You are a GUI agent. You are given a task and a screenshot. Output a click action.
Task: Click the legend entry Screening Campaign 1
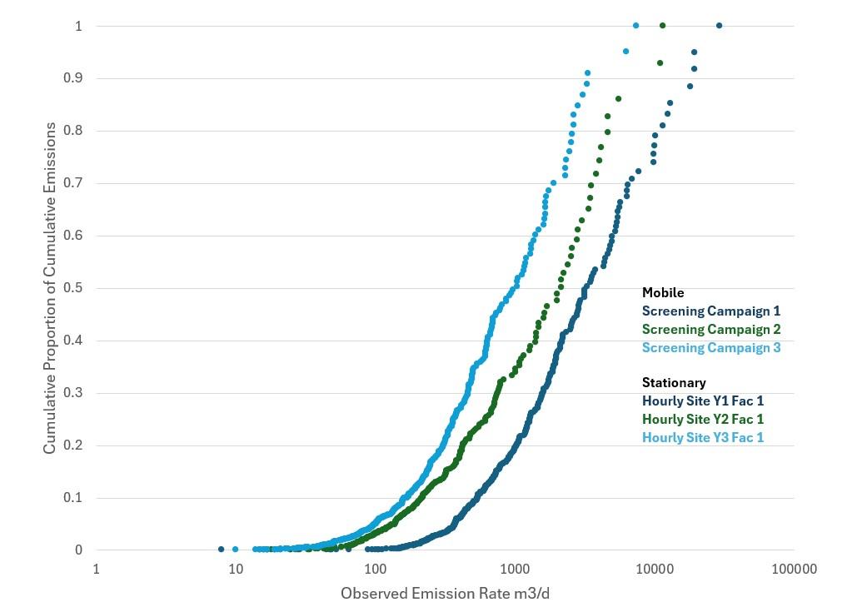pyautogui.click(x=710, y=311)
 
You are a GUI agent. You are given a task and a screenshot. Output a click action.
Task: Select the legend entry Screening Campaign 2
pyautogui.click(x=710, y=330)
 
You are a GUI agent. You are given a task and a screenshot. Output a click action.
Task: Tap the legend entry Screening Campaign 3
pyautogui.click(x=710, y=347)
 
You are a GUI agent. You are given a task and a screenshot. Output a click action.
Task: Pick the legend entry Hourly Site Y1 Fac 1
pyautogui.click(x=702, y=401)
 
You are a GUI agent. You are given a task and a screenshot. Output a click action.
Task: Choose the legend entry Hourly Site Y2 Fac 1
pyautogui.click(x=702, y=419)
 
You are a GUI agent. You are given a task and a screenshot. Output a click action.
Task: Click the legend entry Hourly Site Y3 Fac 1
pyautogui.click(x=702, y=437)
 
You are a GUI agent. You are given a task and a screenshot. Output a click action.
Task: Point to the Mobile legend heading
pyautogui.click(x=663, y=293)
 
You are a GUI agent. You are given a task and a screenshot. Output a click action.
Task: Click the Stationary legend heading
pyautogui.click(x=674, y=383)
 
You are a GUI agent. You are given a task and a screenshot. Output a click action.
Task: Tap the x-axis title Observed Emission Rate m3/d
pyautogui.click(x=445, y=594)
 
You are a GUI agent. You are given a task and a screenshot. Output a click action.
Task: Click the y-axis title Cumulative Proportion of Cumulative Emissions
pyautogui.click(x=50, y=287)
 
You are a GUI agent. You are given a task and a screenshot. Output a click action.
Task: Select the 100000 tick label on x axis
pyautogui.click(x=793, y=570)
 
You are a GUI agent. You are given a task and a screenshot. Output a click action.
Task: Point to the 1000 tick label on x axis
pyautogui.click(x=515, y=570)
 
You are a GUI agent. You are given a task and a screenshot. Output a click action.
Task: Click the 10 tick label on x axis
pyautogui.click(x=236, y=570)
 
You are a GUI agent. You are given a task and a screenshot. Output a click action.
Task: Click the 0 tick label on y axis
pyautogui.click(x=79, y=550)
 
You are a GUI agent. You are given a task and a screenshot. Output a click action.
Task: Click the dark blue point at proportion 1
pyautogui.click(x=719, y=26)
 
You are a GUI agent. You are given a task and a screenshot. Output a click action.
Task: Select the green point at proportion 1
pyautogui.click(x=662, y=26)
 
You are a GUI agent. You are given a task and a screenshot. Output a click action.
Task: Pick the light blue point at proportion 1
pyautogui.click(x=635, y=26)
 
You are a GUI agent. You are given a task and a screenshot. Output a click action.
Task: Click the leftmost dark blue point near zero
pyautogui.click(x=221, y=549)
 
